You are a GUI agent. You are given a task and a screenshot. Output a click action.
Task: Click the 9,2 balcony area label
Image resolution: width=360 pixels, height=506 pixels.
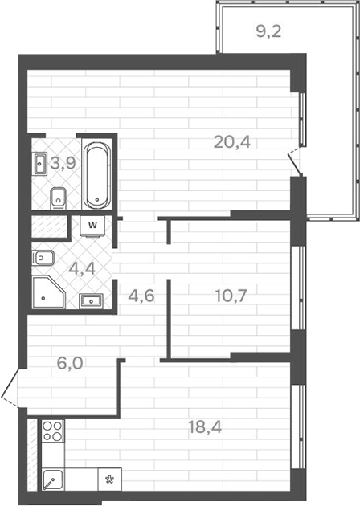point(269,32)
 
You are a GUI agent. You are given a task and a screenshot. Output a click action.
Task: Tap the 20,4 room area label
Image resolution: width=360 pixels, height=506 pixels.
point(232,142)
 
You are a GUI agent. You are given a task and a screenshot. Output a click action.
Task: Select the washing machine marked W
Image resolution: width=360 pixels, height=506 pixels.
point(93,226)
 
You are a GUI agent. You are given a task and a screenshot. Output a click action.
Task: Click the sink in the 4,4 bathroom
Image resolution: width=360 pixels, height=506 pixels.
point(92,301)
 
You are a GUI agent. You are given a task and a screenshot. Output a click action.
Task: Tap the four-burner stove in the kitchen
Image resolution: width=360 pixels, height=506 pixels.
point(52,431)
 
